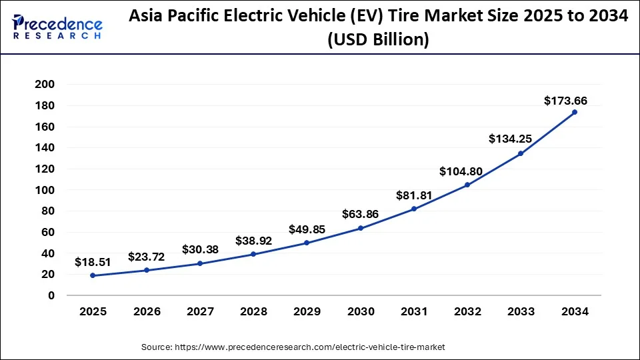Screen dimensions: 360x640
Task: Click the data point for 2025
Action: coord(92,275)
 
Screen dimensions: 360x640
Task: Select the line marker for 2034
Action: coord(575,112)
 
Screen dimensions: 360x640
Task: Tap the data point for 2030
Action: coord(361,228)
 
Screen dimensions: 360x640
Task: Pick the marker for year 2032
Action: coord(467,185)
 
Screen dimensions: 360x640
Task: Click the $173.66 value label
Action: coord(565,101)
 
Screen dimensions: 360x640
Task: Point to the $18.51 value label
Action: coord(92,262)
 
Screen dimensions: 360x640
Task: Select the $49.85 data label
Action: coord(307,229)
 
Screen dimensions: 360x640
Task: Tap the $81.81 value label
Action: coord(414,195)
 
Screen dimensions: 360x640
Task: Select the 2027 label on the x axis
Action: coord(199,311)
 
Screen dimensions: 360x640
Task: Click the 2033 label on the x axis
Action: coord(521,311)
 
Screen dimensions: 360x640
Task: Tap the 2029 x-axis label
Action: coord(307,311)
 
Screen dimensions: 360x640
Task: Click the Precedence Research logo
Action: coord(57,27)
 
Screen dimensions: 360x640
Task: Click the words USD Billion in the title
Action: coord(378,40)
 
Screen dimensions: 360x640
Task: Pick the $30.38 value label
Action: coord(199,249)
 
